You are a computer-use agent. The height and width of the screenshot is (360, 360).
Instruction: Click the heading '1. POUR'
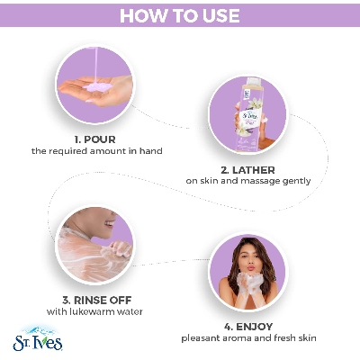94,139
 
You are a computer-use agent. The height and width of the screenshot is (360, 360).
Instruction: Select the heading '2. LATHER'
247,170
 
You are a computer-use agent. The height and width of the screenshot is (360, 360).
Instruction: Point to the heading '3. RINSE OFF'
97,300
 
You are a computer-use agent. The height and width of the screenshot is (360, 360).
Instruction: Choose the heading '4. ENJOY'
248,327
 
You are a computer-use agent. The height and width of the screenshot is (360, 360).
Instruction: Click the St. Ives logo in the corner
38,338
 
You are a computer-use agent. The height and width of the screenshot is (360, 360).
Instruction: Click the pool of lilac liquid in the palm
97,87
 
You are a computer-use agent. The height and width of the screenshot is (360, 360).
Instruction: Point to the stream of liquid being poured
96,65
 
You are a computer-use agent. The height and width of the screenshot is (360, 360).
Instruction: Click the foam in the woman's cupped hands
249,281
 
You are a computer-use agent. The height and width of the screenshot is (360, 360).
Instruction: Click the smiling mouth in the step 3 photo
110,223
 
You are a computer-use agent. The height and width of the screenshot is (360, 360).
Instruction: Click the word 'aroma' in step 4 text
238,338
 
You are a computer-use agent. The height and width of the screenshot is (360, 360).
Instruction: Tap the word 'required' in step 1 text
67,151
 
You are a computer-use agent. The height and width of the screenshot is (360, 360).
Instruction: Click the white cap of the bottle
254,82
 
